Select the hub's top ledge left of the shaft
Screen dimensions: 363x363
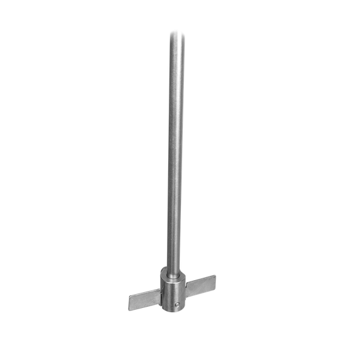pos(165,270)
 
